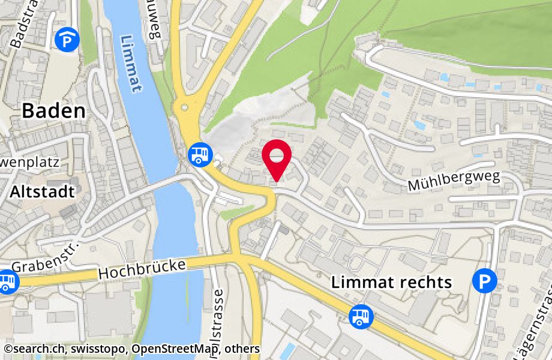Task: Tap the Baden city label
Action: pos(54,111)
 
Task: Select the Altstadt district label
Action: pos(42,192)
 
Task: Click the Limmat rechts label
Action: pos(391,283)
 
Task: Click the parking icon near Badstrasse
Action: pos(67,40)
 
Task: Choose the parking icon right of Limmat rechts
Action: pos(484,281)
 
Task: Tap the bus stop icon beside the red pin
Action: pos(199,154)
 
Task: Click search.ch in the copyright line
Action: pos(32,349)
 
